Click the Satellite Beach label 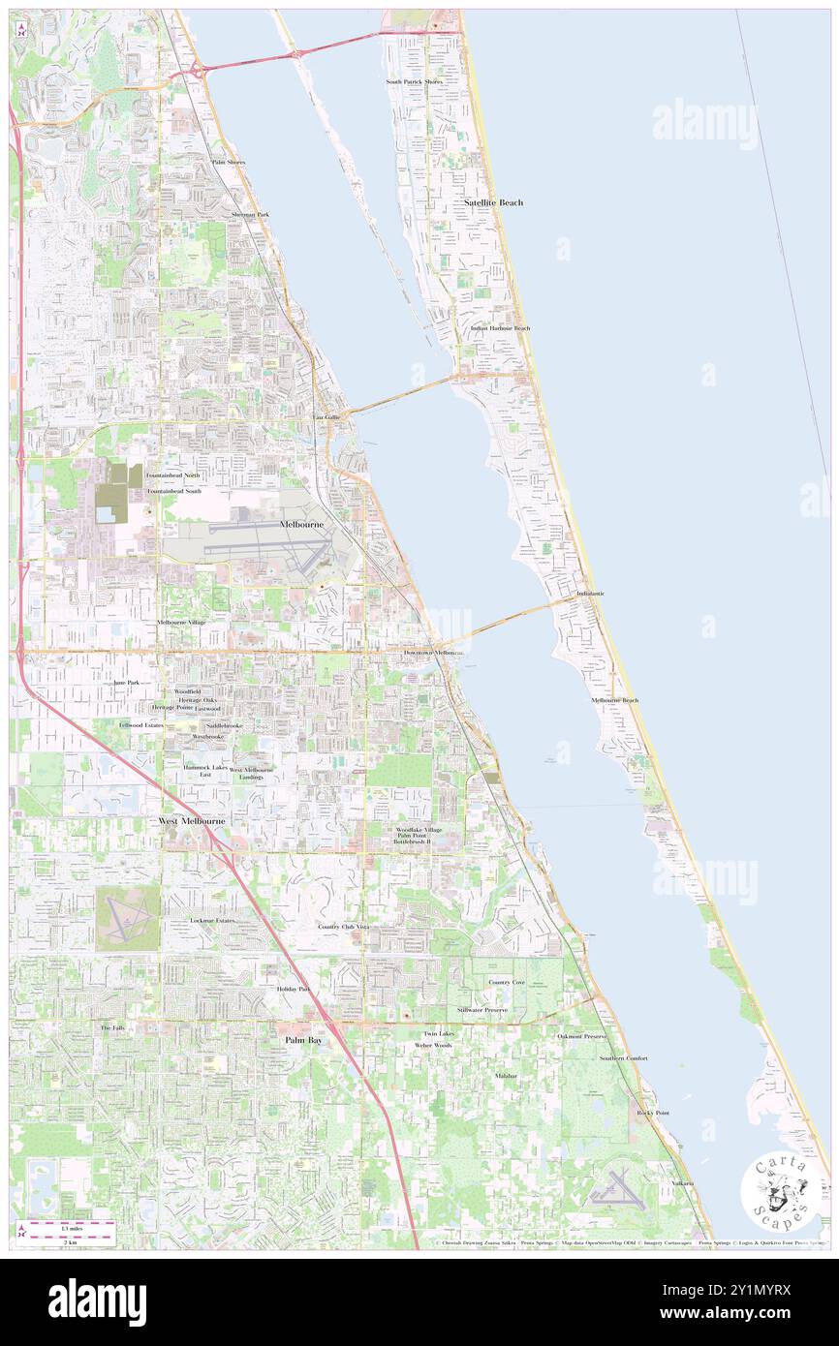point(493,202)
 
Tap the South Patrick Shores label point(414,82)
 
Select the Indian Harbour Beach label point(500,328)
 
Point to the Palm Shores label point(229,163)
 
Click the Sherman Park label point(250,214)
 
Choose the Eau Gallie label point(326,417)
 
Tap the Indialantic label point(590,593)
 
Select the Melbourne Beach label point(615,700)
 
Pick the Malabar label point(506,1076)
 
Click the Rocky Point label point(653,1113)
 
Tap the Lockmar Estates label point(212,920)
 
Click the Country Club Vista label point(344,927)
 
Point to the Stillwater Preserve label point(510,1010)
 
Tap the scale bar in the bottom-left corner point(68,1225)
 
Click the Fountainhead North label point(173,476)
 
